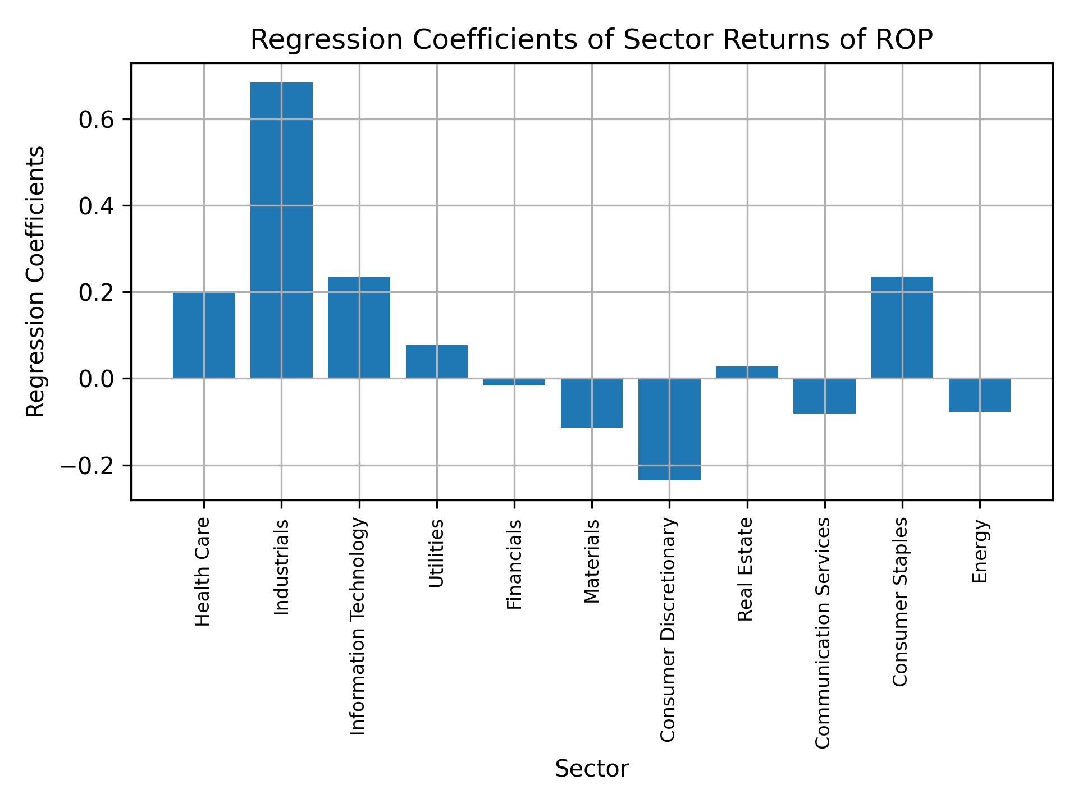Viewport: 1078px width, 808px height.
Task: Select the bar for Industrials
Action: [x=281, y=230]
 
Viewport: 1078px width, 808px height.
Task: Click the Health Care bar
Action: [x=204, y=335]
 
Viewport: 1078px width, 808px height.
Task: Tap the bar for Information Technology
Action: [x=359, y=328]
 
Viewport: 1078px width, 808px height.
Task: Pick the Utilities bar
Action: [x=436, y=361]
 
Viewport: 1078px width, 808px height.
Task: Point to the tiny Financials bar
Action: [x=514, y=382]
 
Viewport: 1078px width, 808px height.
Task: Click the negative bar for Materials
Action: [x=592, y=403]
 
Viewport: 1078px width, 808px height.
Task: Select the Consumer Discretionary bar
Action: [x=669, y=429]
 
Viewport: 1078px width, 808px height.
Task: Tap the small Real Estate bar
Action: [x=747, y=372]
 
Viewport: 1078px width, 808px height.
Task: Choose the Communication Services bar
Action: [x=824, y=396]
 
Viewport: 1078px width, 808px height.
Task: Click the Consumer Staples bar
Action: [x=902, y=328]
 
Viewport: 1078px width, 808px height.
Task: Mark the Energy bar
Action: [x=979, y=395]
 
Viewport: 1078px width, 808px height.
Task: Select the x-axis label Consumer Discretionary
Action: [x=668, y=630]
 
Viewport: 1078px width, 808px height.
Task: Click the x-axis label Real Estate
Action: [x=745, y=570]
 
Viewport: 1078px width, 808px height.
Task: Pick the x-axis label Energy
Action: [x=979, y=551]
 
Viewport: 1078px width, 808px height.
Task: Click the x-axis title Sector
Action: [x=592, y=769]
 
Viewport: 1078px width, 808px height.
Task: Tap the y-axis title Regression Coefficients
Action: [x=36, y=282]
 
